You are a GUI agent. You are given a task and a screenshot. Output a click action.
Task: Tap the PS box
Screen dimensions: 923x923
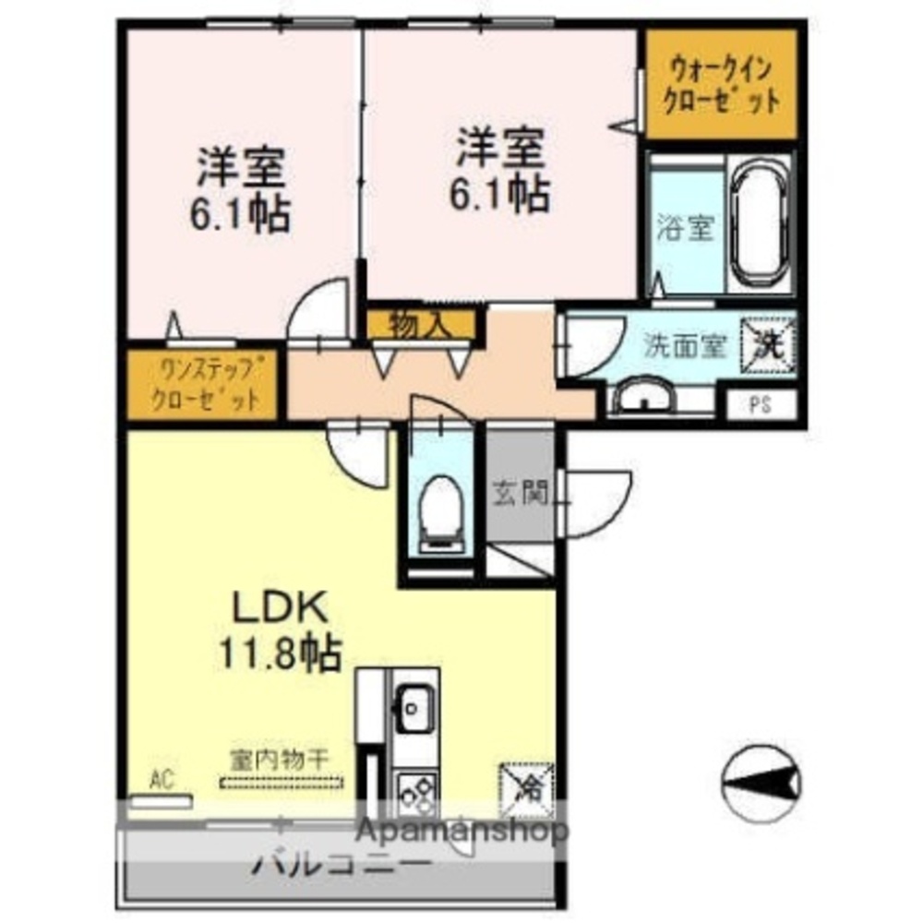point(760,405)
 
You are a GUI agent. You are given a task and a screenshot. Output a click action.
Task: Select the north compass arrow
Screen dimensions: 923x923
point(760,783)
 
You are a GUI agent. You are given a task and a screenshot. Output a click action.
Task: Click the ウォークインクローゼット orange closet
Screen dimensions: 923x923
point(720,85)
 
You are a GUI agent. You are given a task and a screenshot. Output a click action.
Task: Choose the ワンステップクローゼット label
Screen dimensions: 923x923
point(204,385)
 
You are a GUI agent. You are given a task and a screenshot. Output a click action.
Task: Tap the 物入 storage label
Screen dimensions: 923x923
point(419,324)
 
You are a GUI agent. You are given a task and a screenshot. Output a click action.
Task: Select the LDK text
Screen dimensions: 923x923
point(278,609)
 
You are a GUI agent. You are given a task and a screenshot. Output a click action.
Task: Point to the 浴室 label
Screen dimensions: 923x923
point(685,229)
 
